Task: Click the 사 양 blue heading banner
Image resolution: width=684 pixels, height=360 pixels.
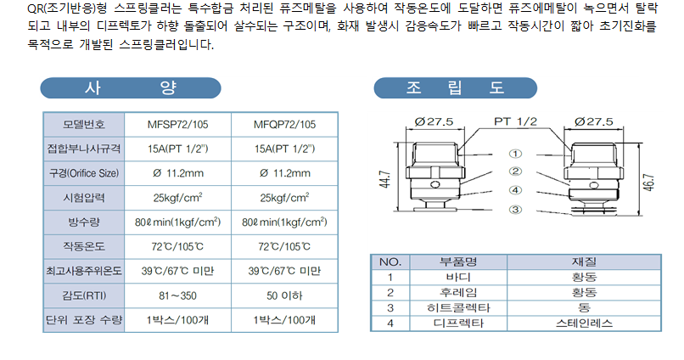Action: [131, 87]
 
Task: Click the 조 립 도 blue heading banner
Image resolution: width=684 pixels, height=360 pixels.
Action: [456, 87]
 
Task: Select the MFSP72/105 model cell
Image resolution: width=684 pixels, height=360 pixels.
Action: [177, 124]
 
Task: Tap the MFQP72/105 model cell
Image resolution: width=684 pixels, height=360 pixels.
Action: [284, 124]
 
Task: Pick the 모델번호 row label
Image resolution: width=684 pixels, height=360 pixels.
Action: [84, 124]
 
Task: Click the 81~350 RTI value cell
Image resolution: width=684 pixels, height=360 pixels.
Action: [177, 295]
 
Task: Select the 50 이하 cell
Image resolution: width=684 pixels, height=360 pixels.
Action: [284, 295]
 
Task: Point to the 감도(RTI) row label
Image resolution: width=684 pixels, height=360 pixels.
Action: [84, 295]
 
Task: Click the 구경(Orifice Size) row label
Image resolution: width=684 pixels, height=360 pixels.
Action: [84, 173]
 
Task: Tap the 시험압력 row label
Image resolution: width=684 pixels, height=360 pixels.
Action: [84, 198]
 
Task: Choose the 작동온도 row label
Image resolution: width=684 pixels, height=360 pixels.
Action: [84, 246]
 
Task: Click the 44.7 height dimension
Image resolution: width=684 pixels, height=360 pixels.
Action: [384, 179]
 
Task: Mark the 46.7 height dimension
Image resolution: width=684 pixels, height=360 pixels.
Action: [648, 183]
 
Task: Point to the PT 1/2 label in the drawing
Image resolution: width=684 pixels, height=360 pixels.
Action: [515, 121]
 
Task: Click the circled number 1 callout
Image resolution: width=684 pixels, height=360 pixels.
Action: [515, 154]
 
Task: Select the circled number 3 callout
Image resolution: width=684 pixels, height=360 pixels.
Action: [515, 210]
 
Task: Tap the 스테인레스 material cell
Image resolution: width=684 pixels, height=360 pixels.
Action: [584, 323]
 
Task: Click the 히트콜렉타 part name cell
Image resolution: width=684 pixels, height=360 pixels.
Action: [458, 308]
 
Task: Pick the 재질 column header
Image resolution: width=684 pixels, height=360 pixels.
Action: [584, 262]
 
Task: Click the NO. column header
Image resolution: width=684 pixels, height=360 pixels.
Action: [390, 262]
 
